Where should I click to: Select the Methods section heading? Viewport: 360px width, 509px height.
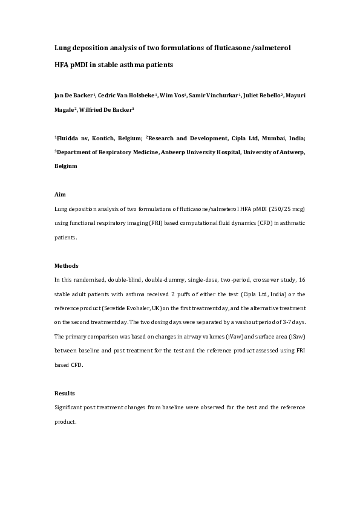click(66, 266)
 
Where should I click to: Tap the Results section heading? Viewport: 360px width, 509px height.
click(65, 394)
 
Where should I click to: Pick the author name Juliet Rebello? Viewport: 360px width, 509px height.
click(266, 96)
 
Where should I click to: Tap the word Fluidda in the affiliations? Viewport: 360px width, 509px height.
click(69, 138)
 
